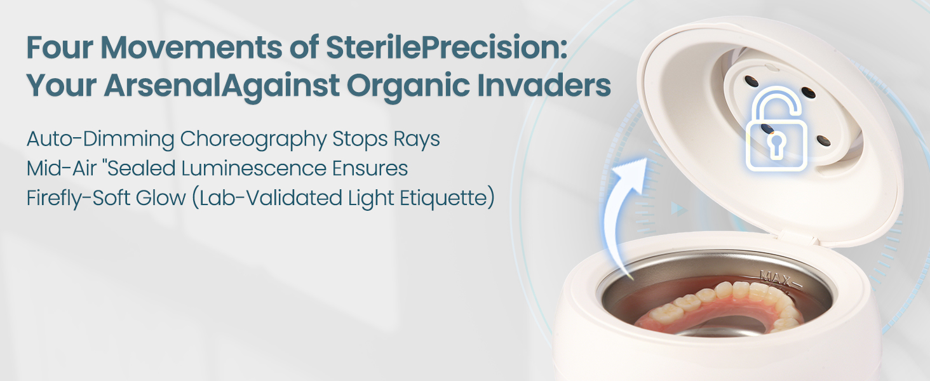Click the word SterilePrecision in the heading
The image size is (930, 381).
point(447,48)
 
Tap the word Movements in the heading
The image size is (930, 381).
point(191,48)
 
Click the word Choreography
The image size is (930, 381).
point(253,140)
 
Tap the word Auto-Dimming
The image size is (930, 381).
point(100,140)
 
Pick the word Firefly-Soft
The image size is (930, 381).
point(78,198)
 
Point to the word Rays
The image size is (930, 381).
point(417,140)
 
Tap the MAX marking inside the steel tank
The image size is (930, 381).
point(775,277)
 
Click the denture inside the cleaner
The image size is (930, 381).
point(722,307)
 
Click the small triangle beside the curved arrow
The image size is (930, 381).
point(678,209)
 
